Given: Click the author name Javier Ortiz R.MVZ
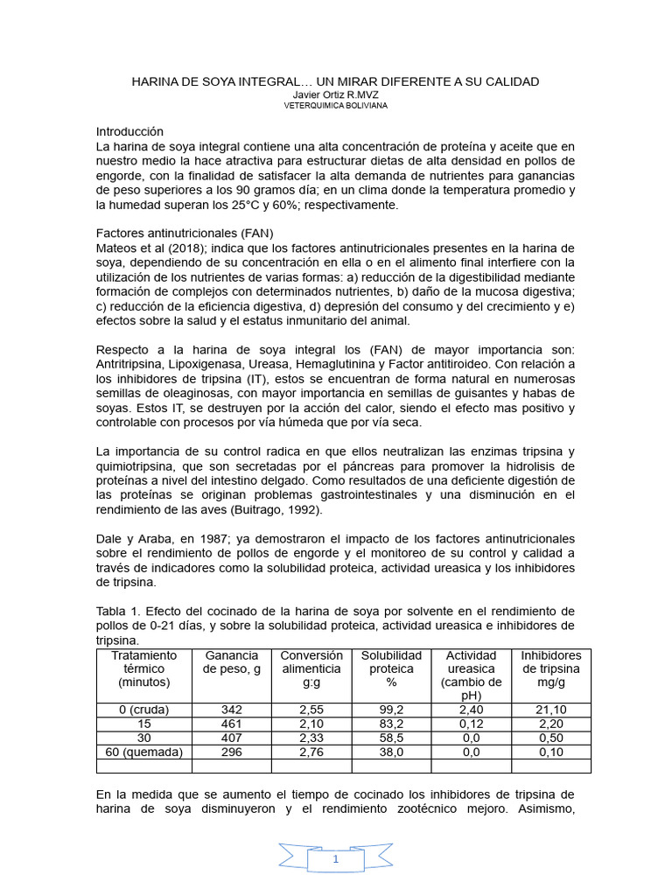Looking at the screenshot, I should [335, 94].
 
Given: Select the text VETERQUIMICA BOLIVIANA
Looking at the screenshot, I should [335, 105].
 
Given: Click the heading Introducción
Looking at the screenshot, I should [129, 131].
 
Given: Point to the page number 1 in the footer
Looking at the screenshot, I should [335, 860].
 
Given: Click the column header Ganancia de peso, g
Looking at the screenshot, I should [231, 662].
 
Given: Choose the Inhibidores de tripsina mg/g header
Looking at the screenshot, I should [551, 668].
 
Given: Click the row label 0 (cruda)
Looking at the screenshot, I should [143, 710].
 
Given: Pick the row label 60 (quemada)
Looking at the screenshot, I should [143, 752].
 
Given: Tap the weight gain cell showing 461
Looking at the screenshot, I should [231, 724].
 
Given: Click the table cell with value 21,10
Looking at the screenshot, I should [551, 710].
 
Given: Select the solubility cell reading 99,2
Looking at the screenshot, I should [391, 710].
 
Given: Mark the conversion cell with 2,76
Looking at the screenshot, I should [311, 752].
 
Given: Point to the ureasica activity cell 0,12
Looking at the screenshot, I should [471, 724].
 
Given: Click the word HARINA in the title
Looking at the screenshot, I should [155, 81].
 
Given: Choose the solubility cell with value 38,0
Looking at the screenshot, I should [391, 752].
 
